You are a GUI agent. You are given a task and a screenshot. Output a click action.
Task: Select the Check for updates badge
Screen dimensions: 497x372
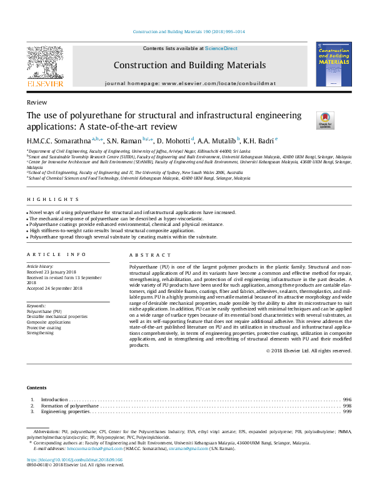point(308,119)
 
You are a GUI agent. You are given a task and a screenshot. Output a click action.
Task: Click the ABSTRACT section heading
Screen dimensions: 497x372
point(149,255)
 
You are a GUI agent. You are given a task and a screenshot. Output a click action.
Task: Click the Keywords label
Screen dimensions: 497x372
point(37,305)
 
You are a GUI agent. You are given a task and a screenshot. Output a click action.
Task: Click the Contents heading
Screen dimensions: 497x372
point(37,387)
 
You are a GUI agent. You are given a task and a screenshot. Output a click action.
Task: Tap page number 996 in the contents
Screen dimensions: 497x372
point(347,399)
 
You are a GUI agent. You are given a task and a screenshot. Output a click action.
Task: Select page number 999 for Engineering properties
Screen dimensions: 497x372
point(347,412)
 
